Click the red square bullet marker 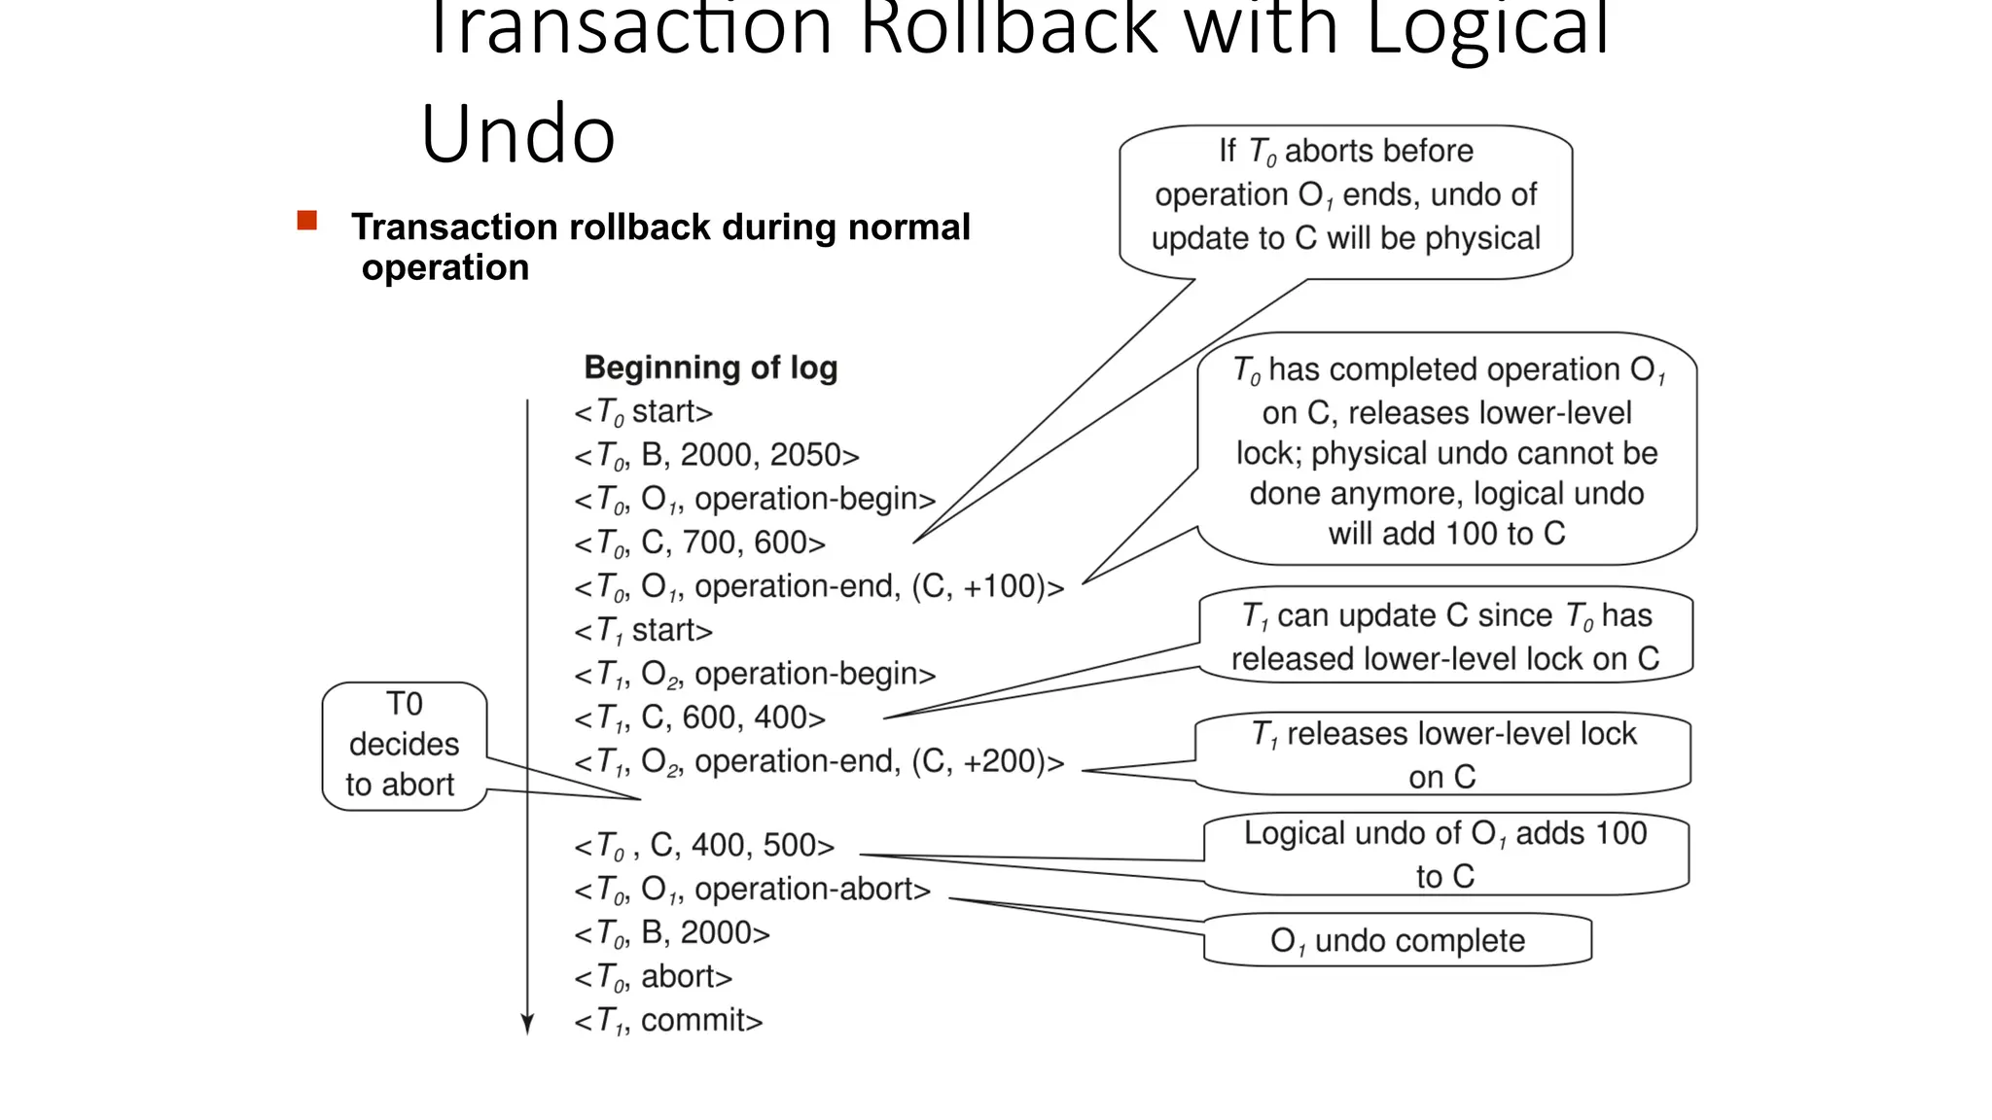307,221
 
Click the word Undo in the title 517,134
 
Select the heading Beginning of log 710,367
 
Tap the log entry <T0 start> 643,412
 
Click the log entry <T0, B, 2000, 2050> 717,456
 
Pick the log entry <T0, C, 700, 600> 699,543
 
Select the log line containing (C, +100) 819,587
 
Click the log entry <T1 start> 643,631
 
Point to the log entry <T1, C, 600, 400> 699,718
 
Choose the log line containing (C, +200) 819,762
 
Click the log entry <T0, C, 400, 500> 704,846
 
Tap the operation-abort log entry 752,890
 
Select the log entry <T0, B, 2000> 671,933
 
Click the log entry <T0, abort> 653,977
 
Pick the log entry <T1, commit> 668,1021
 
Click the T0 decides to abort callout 403,745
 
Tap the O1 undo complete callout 1397,940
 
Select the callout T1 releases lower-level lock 1442,754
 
